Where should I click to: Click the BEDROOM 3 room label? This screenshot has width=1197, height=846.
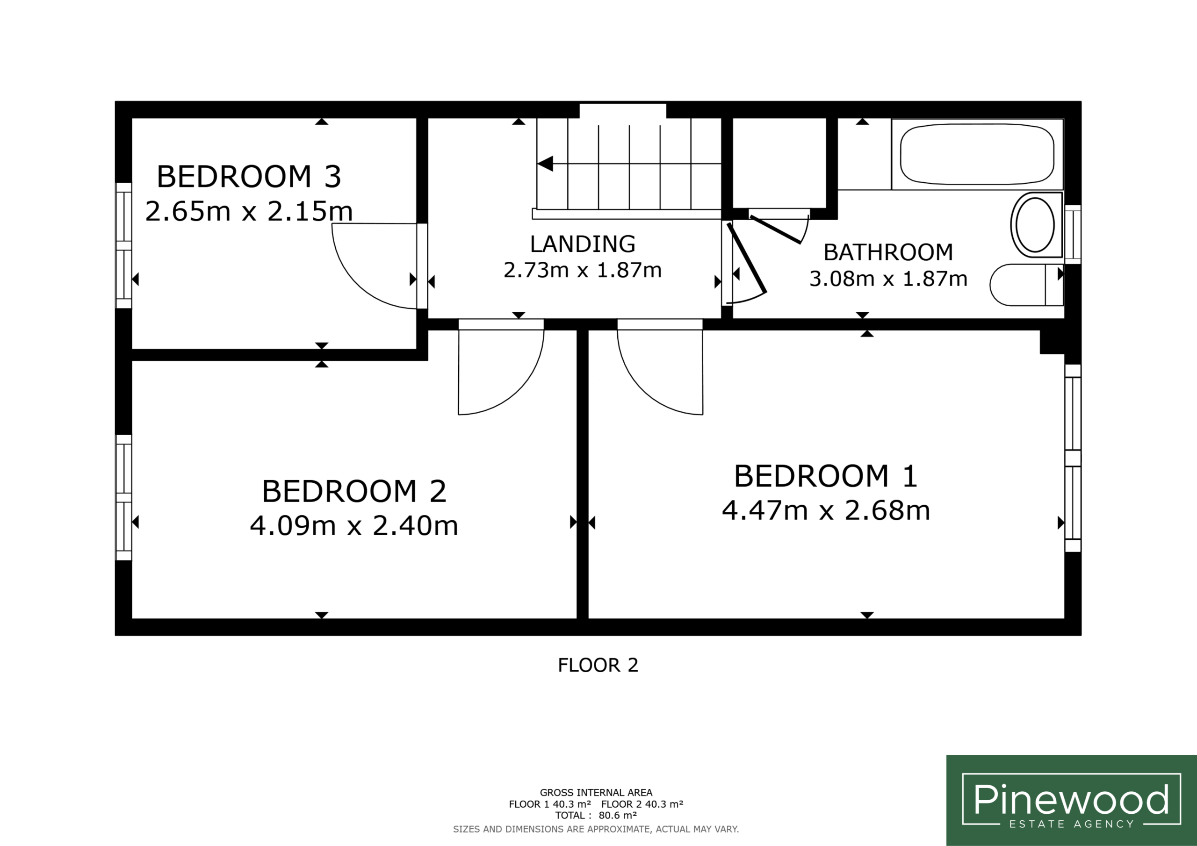tap(249, 177)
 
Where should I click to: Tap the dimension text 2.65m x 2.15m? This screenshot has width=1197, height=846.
tap(249, 211)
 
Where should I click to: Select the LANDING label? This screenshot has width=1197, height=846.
tap(582, 244)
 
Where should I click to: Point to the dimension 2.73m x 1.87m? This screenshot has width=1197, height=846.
tap(582, 270)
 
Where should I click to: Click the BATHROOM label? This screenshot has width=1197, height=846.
tap(888, 252)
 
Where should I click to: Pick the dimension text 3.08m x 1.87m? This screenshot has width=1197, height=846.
tap(888, 279)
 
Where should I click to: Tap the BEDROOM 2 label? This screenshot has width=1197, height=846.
tap(354, 492)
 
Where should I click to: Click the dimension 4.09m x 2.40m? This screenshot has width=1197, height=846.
tap(354, 526)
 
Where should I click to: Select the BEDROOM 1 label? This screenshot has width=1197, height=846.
tap(826, 476)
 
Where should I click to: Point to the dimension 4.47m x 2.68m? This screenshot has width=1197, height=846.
tap(826, 510)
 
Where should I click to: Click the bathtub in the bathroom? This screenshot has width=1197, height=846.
tap(977, 154)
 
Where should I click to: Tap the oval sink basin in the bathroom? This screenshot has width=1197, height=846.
tap(1036, 225)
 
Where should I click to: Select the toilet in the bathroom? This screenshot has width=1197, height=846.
tap(1026, 285)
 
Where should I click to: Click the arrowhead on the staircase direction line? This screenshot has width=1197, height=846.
tap(545, 164)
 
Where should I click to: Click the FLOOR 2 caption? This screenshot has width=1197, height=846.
tap(598, 665)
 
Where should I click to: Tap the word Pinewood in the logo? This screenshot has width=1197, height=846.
tap(1071, 799)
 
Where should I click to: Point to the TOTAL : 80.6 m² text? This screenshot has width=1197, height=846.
tap(596, 815)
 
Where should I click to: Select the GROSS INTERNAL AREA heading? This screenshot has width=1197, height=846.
tap(596, 793)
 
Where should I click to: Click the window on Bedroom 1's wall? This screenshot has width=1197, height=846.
tap(1073, 458)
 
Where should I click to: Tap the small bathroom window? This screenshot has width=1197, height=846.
tap(1073, 235)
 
